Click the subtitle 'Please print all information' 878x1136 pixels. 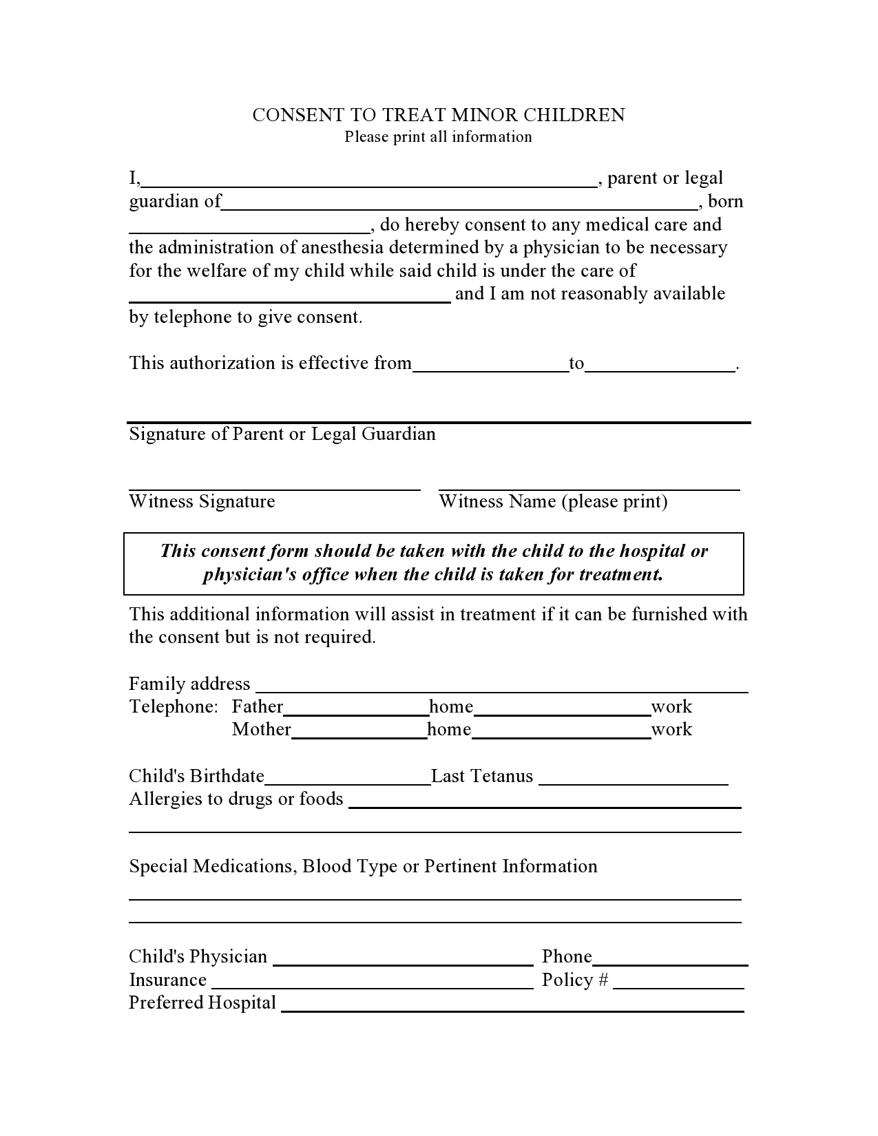438,137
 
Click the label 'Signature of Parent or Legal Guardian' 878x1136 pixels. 282,434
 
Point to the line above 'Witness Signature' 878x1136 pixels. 274,489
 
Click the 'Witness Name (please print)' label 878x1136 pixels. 553,501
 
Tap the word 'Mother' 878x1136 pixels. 261,729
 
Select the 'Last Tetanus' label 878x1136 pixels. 482,776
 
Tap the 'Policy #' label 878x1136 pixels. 575,980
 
